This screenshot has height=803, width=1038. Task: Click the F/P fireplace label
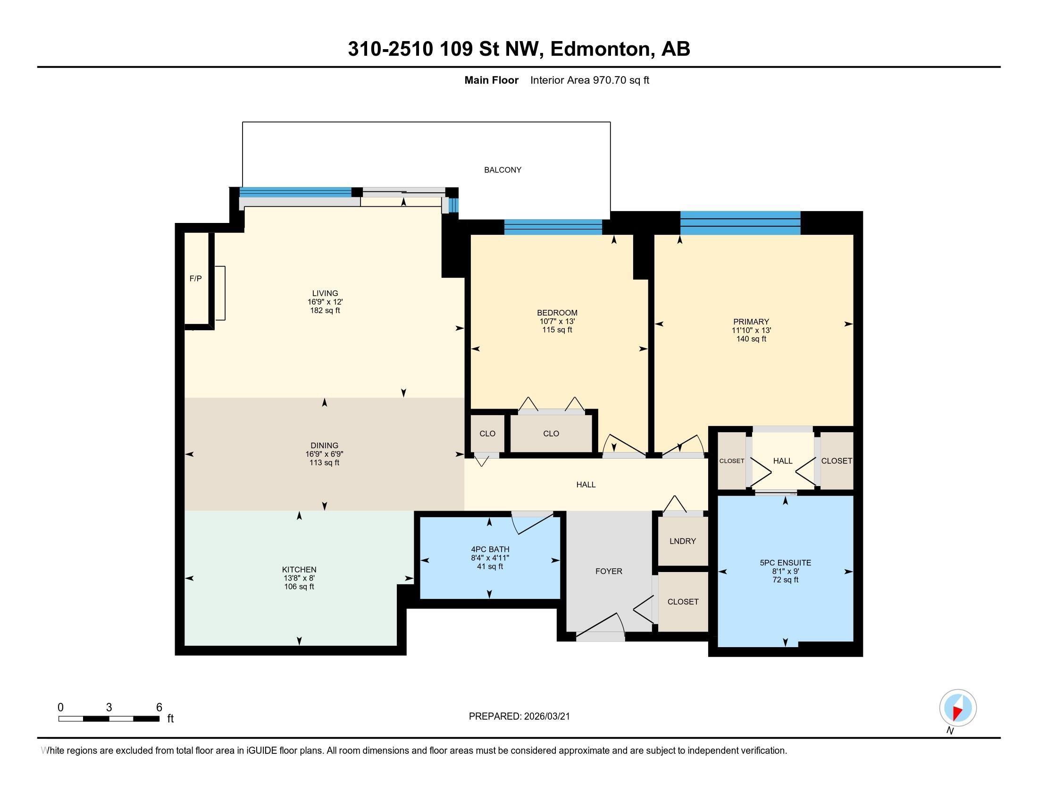click(195, 279)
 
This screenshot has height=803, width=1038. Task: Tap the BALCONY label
click(502, 170)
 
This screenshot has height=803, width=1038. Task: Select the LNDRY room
click(683, 541)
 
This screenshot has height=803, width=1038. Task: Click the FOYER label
click(608, 572)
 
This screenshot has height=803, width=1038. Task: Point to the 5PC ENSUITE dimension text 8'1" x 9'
click(785, 572)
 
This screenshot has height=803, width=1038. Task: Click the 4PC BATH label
click(490, 549)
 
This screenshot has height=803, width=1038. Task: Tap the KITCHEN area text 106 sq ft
click(299, 587)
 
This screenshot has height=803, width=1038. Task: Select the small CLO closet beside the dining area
click(487, 433)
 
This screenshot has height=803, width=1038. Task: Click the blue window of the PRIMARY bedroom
click(740, 223)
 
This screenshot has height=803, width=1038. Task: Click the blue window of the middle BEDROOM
click(553, 227)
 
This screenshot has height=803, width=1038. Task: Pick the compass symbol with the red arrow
click(958, 708)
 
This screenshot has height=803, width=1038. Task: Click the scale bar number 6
click(159, 708)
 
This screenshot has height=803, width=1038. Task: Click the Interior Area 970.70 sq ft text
click(589, 80)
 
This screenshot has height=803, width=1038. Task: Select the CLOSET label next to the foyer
click(683, 602)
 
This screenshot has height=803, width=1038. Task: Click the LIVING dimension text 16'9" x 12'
click(325, 302)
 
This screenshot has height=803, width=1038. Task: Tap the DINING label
click(325, 446)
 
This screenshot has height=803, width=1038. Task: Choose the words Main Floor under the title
click(491, 80)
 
